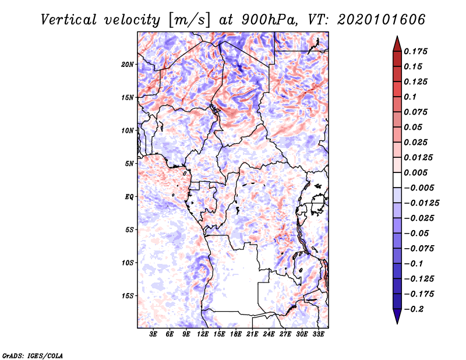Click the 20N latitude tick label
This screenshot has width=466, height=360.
click(128, 64)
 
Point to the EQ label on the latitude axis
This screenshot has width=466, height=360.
click(129, 197)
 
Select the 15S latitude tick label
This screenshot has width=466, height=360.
click(128, 296)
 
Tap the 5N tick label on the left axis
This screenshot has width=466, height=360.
click(129, 164)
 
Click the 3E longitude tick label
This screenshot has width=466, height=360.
click(154, 335)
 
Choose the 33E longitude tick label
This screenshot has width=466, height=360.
click(318, 335)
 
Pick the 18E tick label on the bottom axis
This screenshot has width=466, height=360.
click(236, 335)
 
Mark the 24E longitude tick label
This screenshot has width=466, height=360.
click(269, 335)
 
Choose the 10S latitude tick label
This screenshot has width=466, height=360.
click(128, 263)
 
